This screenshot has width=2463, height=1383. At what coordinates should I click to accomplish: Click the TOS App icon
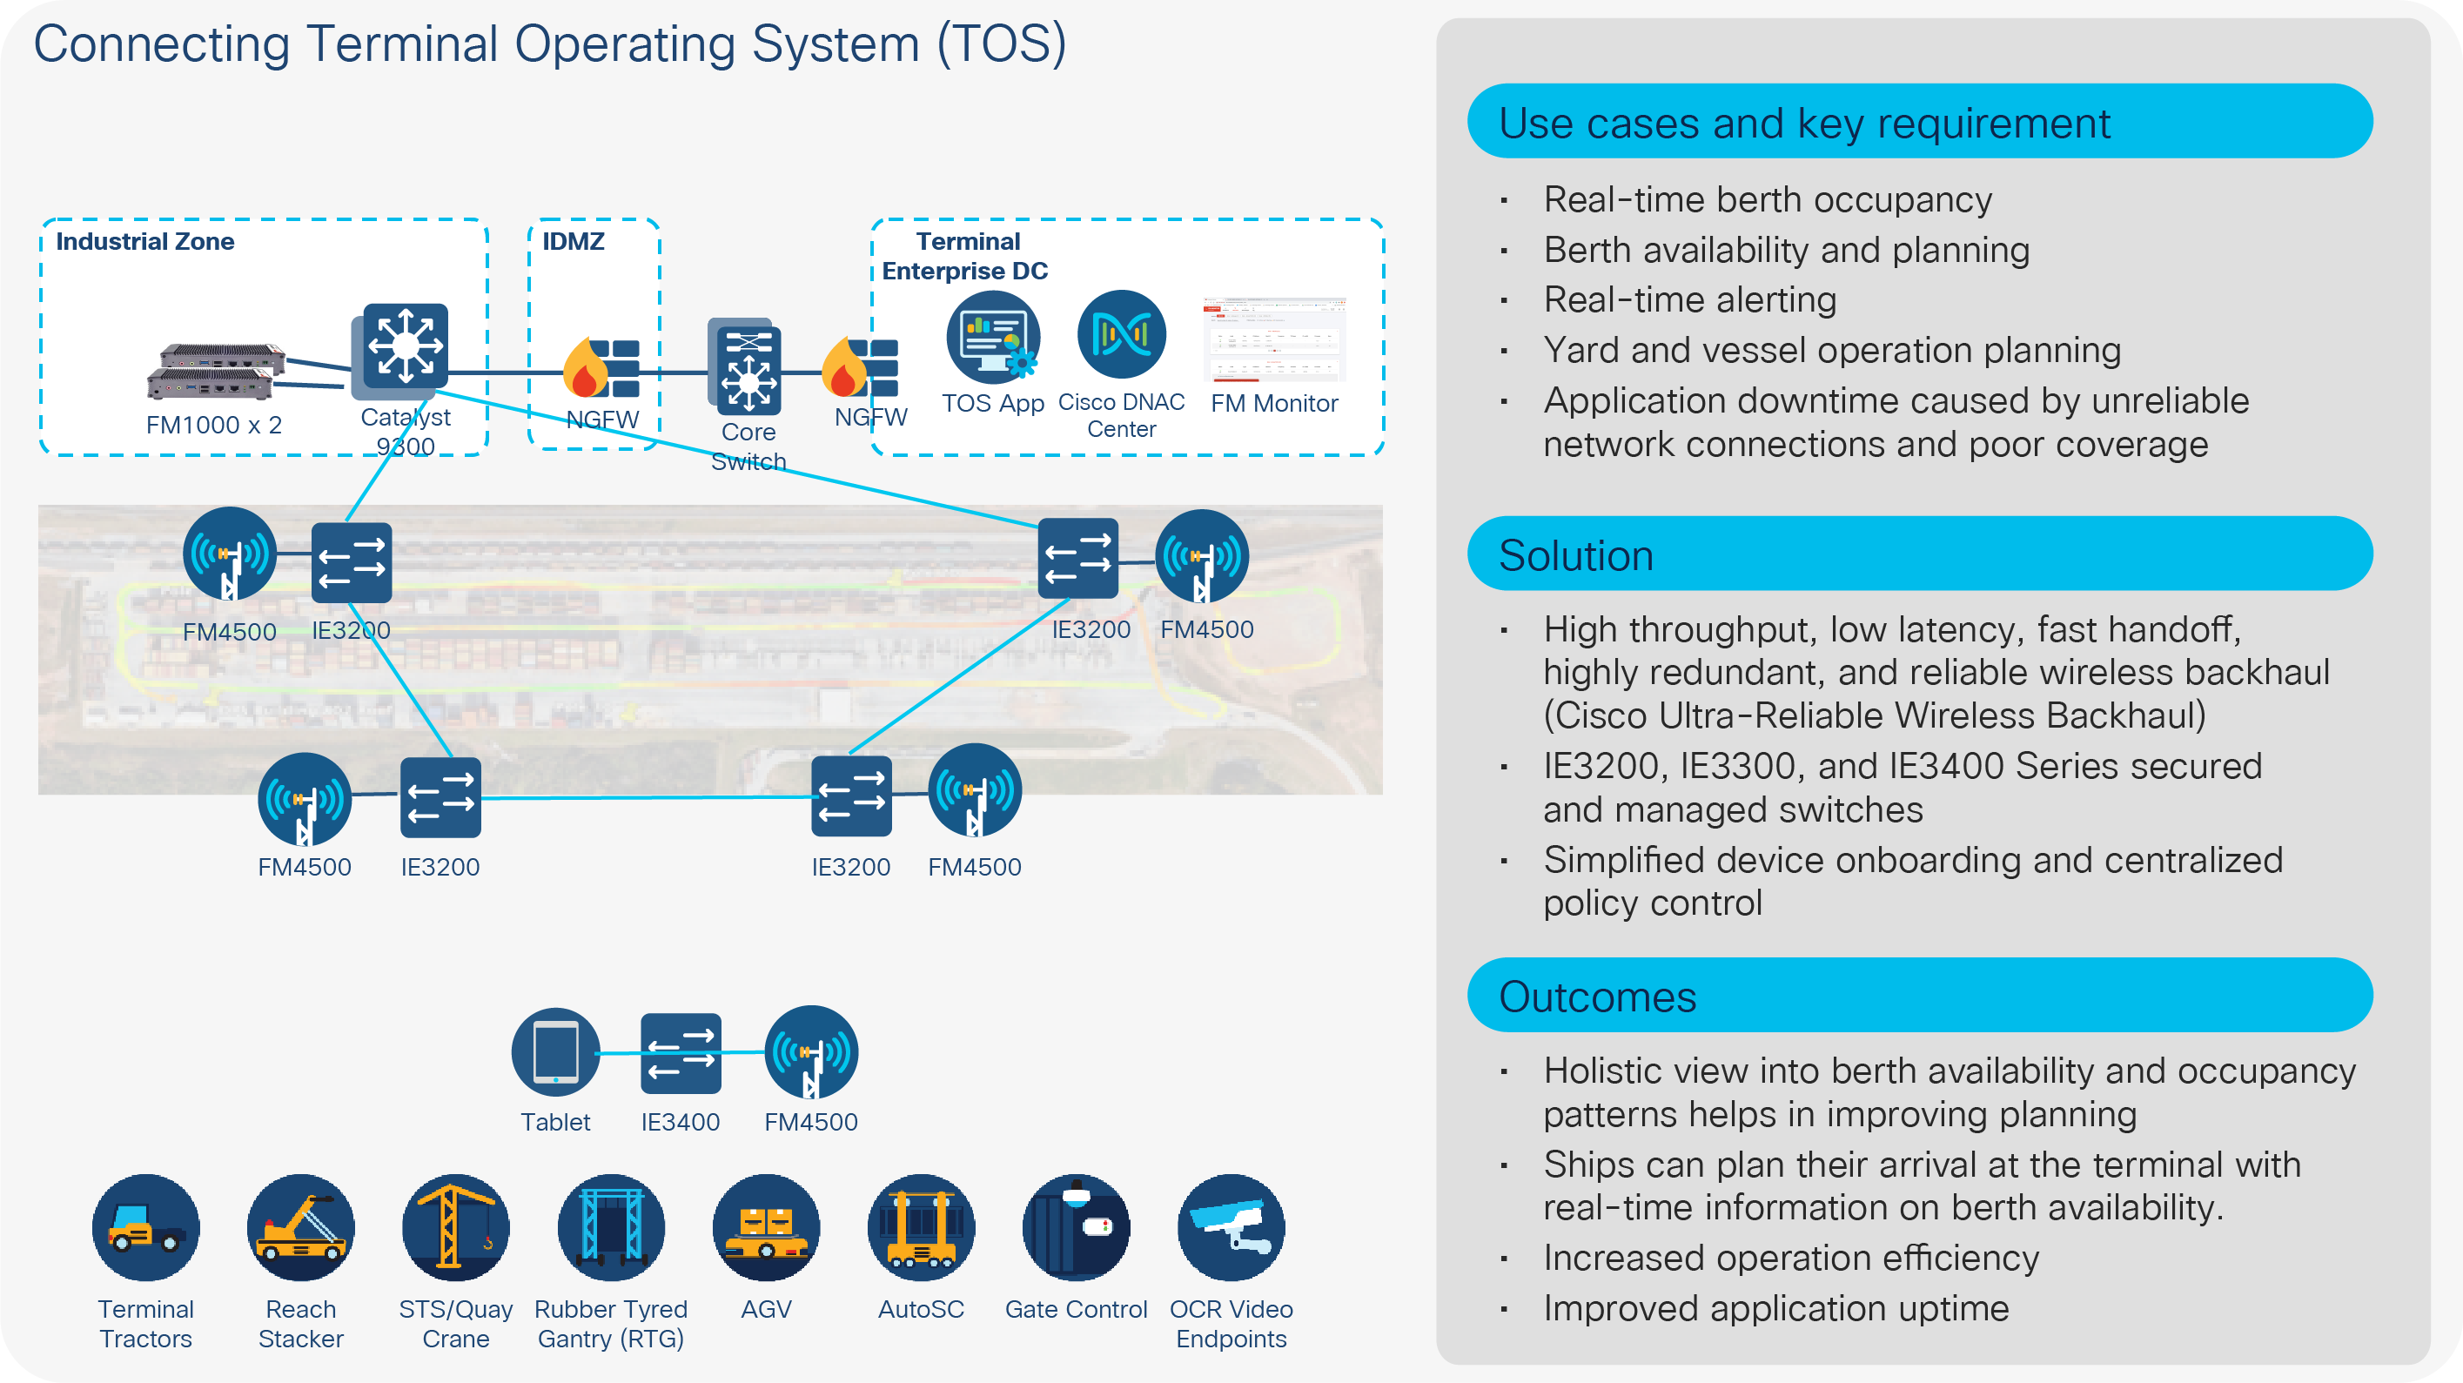click(992, 337)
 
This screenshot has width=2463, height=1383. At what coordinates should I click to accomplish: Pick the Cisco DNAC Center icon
click(1121, 335)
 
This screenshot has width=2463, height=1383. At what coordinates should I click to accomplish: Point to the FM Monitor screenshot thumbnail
click(1273, 339)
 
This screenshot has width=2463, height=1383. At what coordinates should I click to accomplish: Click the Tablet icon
click(555, 1052)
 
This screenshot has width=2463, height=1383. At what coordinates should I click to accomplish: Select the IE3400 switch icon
click(681, 1053)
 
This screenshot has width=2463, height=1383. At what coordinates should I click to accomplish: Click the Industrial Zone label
click(144, 241)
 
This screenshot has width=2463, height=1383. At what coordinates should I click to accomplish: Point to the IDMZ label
click(573, 241)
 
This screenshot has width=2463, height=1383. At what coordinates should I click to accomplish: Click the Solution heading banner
click(1919, 554)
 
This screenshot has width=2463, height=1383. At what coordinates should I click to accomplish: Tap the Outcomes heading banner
click(1919, 996)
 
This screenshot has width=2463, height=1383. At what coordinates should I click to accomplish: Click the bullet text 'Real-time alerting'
click(1689, 300)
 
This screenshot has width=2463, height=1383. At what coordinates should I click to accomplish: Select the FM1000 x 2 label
click(213, 425)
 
